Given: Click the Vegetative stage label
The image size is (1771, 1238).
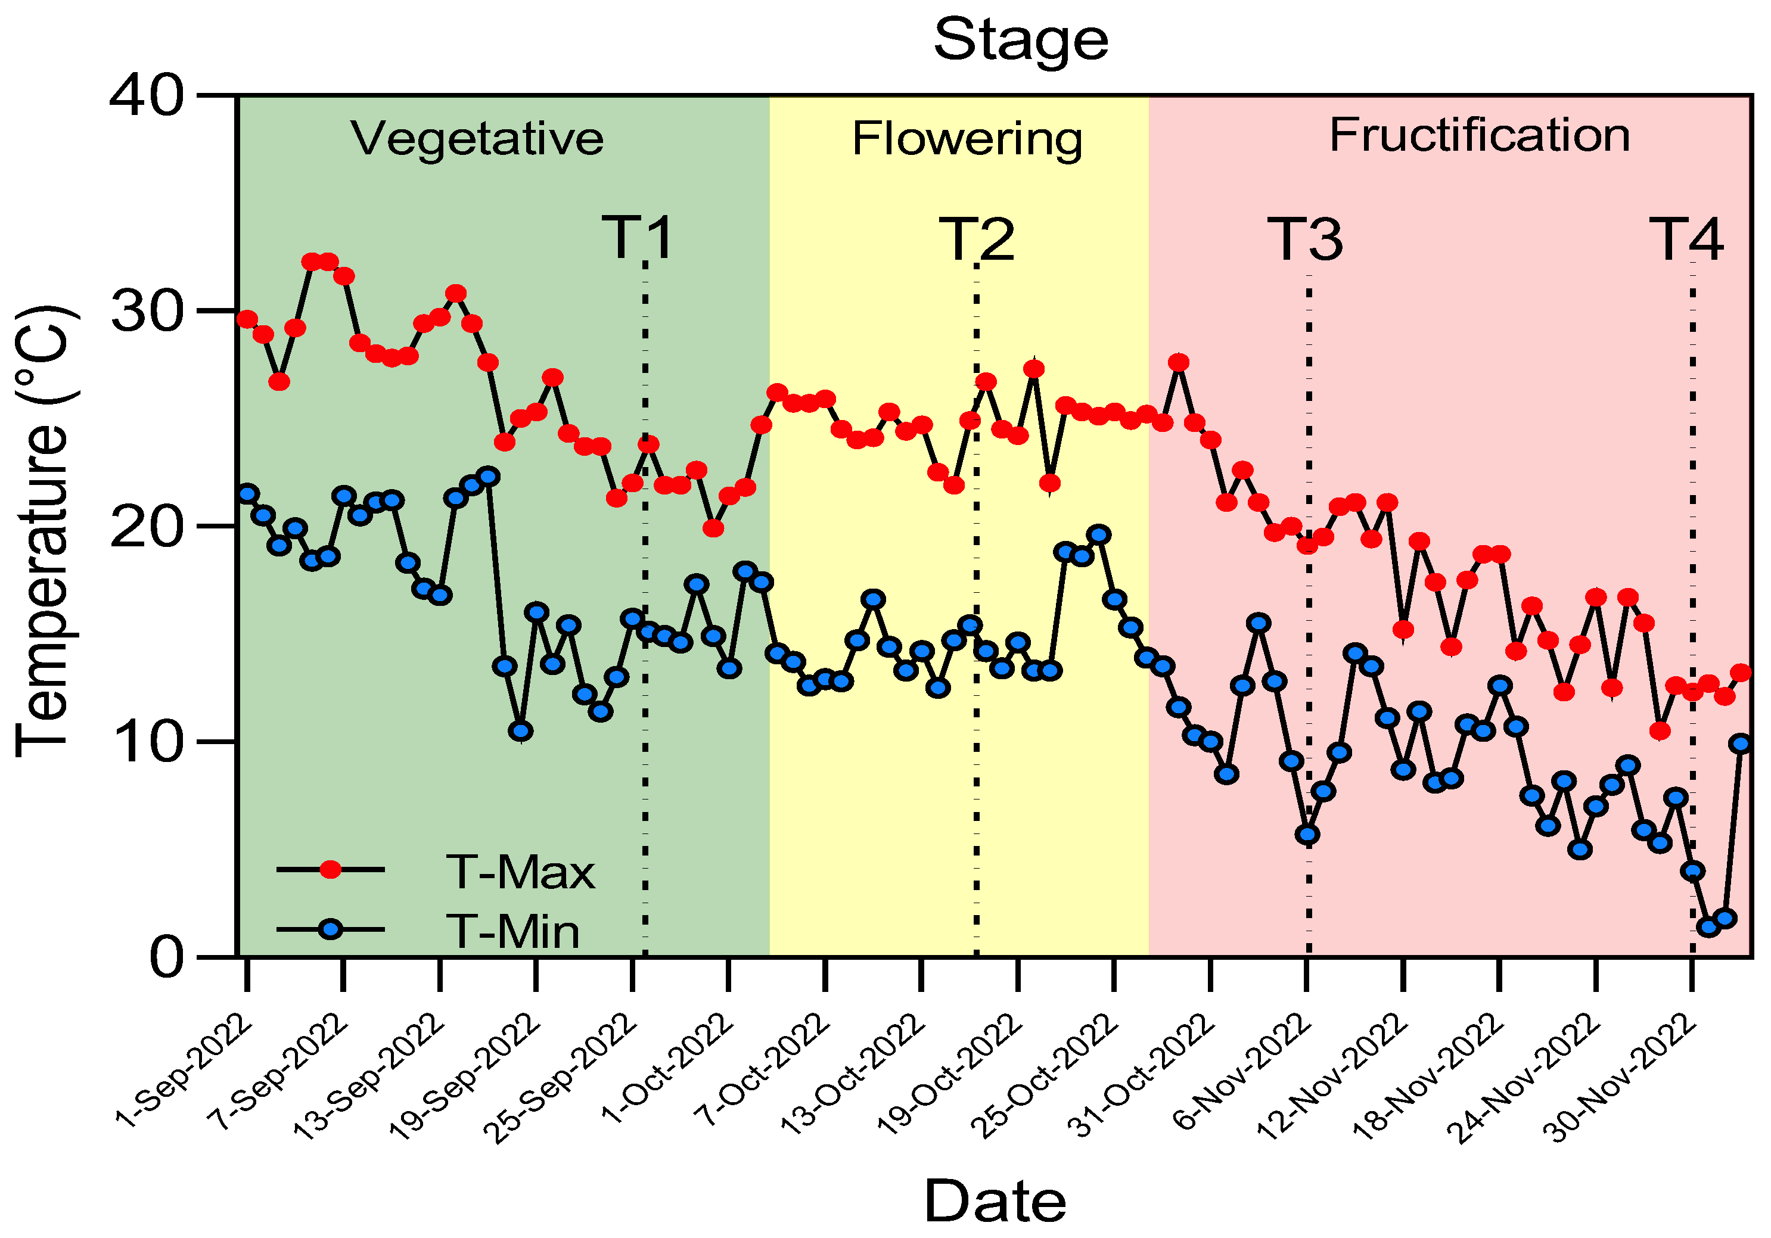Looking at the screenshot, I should (x=477, y=139).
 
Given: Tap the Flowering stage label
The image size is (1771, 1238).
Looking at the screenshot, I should (x=967, y=139).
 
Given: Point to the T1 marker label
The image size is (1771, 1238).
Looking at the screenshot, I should (x=637, y=238).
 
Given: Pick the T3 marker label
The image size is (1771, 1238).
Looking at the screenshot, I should (x=1305, y=240).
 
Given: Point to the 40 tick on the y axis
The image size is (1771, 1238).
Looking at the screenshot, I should (x=147, y=97).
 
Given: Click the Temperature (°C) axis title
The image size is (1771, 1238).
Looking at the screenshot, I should (x=44, y=532).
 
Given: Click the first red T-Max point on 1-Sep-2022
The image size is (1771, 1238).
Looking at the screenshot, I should (x=247, y=319).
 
